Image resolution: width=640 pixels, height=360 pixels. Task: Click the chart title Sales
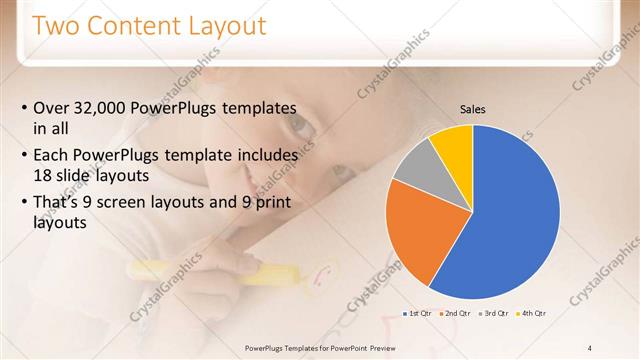coord(473,109)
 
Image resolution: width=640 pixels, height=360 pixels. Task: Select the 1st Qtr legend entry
coord(418,313)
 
